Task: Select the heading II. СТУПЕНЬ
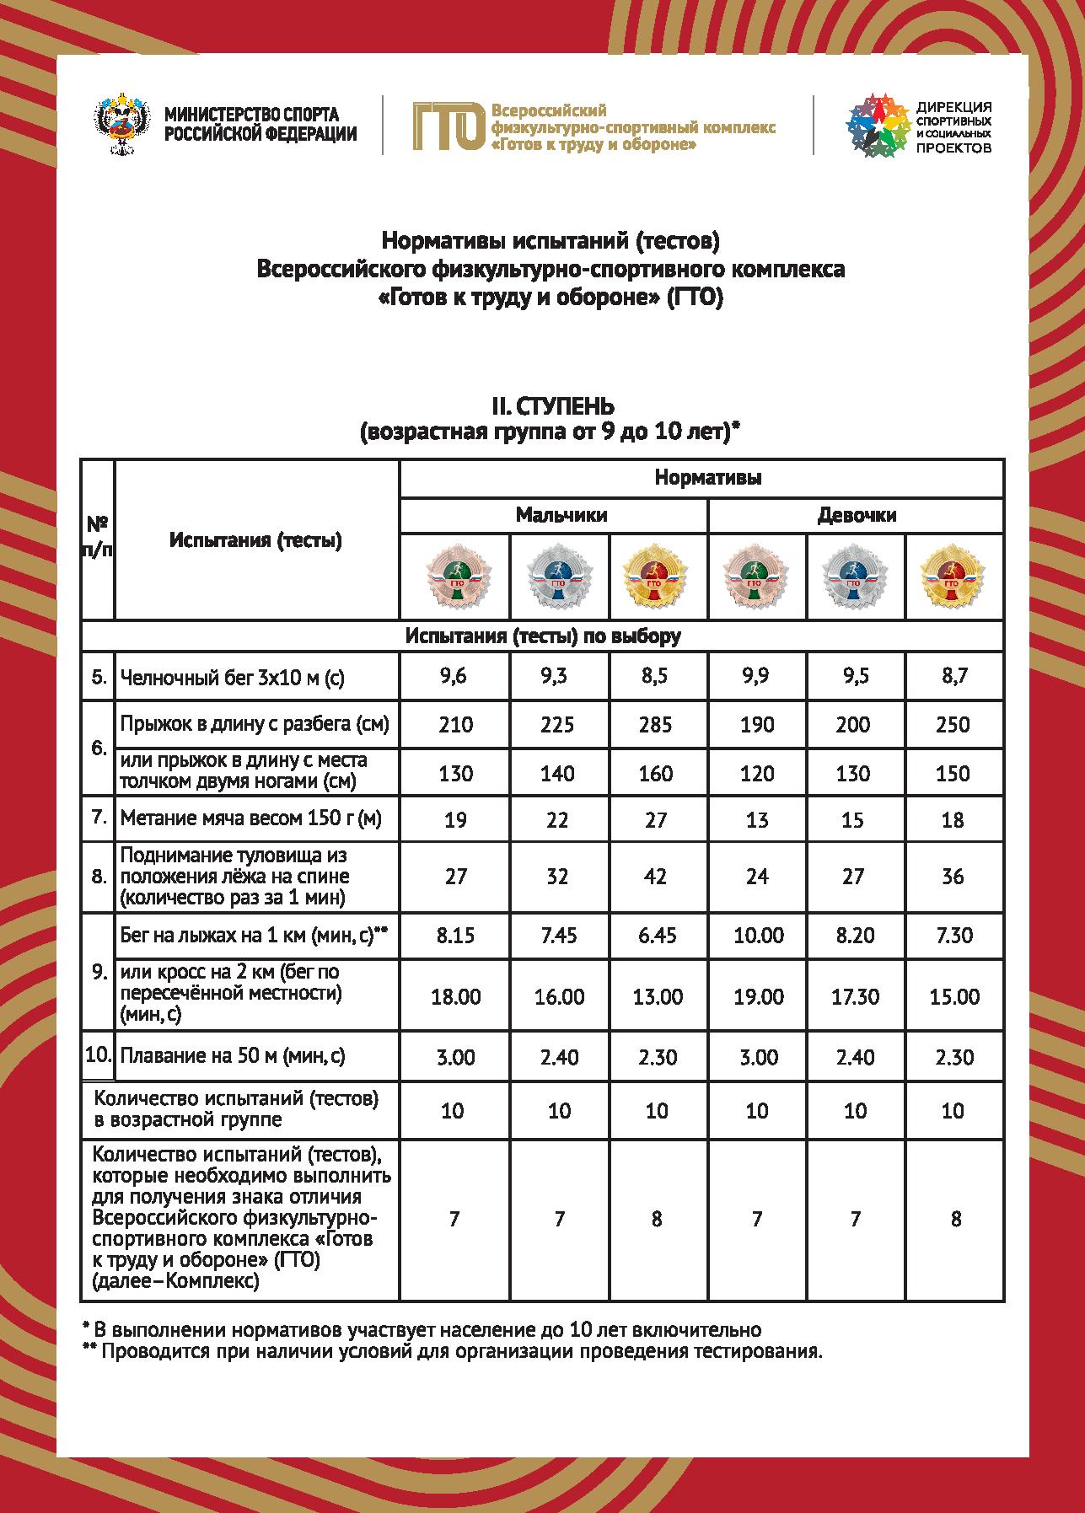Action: click(553, 409)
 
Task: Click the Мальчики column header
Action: click(561, 515)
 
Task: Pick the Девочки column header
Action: click(857, 515)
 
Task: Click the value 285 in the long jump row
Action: click(655, 724)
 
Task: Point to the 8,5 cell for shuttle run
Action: click(655, 677)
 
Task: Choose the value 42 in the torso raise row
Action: click(655, 877)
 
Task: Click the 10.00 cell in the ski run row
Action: click(758, 935)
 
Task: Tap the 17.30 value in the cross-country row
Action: click(855, 997)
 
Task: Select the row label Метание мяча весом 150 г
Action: click(251, 818)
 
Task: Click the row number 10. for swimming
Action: click(98, 1054)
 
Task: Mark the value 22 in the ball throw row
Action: click(557, 819)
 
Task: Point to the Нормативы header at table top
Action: click(708, 478)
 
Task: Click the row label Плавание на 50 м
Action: click(233, 1055)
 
